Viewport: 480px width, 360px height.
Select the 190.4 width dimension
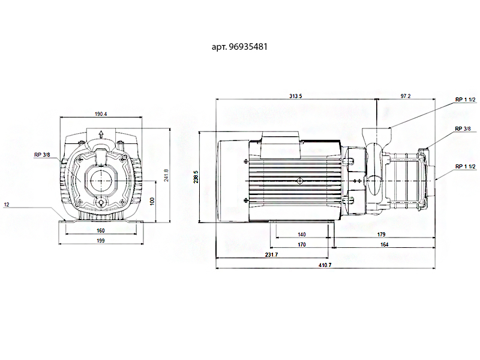tap(100, 114)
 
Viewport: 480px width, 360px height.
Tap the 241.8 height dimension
tap(166, 175)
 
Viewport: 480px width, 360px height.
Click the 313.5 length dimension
tap(295, 96)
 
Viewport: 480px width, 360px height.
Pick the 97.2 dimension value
tap(406, 96)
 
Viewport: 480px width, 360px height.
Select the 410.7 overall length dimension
tap(326, 265)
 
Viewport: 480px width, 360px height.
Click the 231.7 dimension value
tap(271, 255)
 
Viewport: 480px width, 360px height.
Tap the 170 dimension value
tap(302, 245)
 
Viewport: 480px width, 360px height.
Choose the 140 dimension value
tap(302, 235)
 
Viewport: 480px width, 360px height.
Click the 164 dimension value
tap(384, 245)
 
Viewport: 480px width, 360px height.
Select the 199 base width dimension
tap(100, 240)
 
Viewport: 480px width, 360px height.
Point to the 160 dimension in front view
tap(100, 230)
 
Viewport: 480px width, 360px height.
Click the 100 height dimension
tap(151, 200)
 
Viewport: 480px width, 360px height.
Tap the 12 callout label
tap(7, 205)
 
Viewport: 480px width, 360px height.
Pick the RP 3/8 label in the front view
tap(42, 154)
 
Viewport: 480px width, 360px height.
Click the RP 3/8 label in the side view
tap(462, 128)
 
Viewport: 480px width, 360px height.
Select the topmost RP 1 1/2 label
tap(465, 100)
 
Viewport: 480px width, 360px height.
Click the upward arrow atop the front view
tap(100, 133)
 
